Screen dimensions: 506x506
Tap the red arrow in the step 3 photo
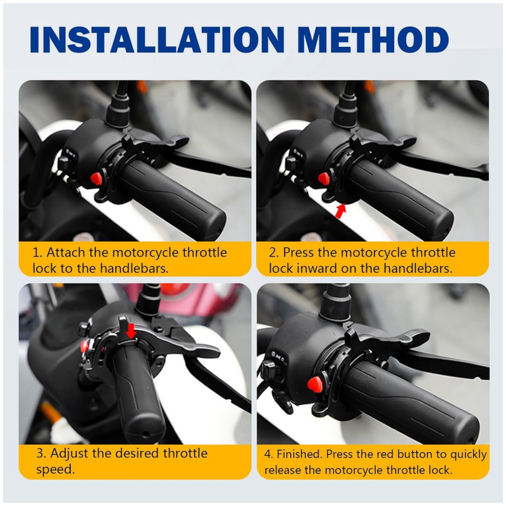pyautogui.click(x=131, y=330)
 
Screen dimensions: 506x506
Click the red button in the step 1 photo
pyautogui.click(x=96, y=179)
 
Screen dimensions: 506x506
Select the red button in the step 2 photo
pyautogui.click(x=323, y=178)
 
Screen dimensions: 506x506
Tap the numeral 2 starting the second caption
pyautogui.click(x=273, y=252)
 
